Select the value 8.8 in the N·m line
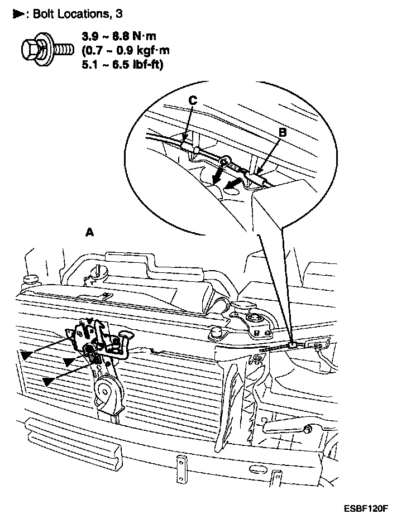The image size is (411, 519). coord(124,36)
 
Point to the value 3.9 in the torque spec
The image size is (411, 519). coord(90,36)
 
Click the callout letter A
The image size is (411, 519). coord(89,232)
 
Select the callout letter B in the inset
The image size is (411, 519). coord(282,132)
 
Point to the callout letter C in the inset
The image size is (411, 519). coord(192,100)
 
